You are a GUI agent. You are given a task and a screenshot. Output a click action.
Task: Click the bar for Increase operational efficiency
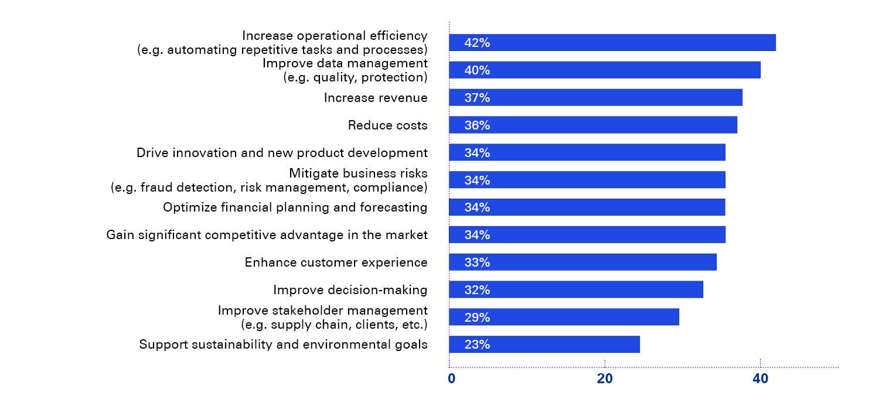point(612,43)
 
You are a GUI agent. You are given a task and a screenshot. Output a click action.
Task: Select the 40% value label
point(477,70)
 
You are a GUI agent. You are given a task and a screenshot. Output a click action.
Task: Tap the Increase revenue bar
point(595,98)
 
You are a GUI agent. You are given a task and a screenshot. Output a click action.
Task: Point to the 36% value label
point(477,125)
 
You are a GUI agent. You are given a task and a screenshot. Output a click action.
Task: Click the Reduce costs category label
point(387,125)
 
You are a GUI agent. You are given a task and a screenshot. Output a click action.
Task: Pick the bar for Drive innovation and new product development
point(587,153)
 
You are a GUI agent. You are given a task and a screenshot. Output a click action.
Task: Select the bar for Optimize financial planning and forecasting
point(587,207)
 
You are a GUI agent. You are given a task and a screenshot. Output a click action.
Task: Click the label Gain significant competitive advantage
point(267,235)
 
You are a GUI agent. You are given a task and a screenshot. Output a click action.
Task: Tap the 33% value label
point(477,263)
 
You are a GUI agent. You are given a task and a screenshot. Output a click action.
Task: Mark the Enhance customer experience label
point(336,263)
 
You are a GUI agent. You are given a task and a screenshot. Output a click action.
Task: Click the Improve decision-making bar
point(576,290)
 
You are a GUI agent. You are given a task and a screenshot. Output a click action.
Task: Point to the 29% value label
point(477,318)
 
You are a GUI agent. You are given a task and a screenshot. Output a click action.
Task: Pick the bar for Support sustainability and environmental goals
point(544,345)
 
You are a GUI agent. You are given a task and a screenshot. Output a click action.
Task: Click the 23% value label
point(477,345)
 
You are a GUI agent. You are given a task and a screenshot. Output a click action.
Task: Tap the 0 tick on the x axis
point(451,379)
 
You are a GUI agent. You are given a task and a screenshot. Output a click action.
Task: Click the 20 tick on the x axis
point(605,379)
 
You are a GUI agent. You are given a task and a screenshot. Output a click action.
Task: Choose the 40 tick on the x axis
point(760,379)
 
